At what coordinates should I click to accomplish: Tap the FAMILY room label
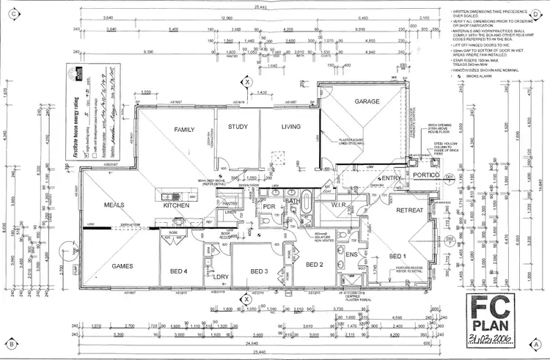pyautogui.click(x=183, y=130)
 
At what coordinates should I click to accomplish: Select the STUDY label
pyautogui.click(x=238, y=127)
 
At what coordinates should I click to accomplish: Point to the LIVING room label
pyautogui.click(x=291, y=127)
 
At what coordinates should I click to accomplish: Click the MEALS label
pyautogui.click(x=116, y=205)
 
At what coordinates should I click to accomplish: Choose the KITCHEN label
pyautogui.click(x=177, y=206)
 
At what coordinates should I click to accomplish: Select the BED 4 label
pyautogui.click(x=178, y=271)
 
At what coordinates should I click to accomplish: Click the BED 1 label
pyautogui.click(x=397, y=256)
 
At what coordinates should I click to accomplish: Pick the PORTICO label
pyautogui.click(x=425, y=176)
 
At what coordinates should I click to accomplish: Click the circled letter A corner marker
pyautogui.click(x=538, y=342)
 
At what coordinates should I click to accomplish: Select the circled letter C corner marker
pyautogui.click(x=12, y=13)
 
